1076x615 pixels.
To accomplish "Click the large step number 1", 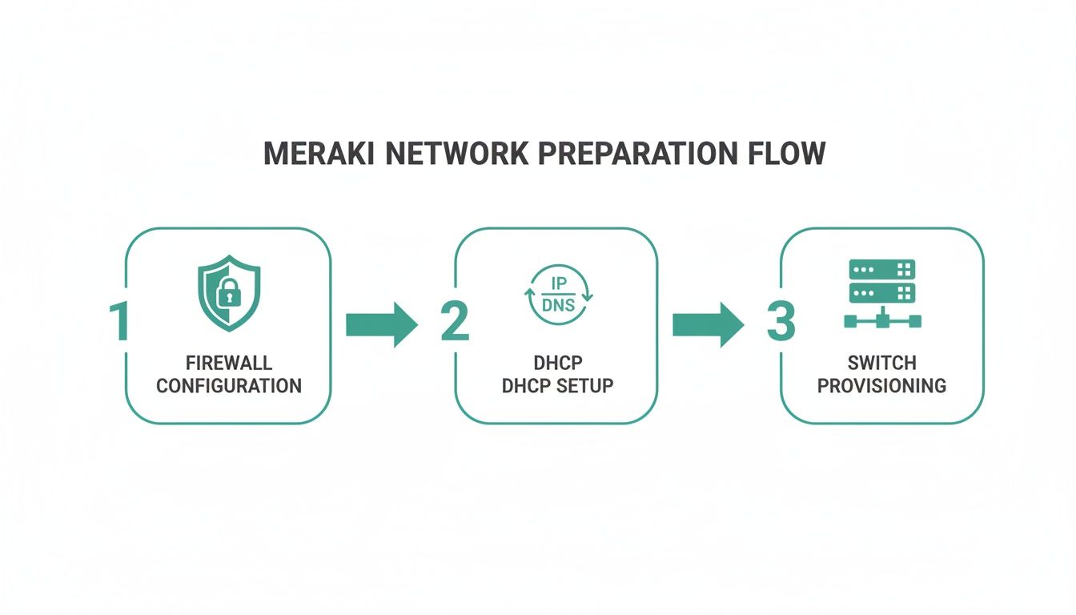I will coord(119,322).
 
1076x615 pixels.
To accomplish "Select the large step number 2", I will coord(454,322).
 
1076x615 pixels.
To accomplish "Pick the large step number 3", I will coord(781,322).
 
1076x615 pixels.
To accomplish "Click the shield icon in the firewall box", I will coord(228,293).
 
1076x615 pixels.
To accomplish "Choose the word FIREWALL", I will coord(228,364).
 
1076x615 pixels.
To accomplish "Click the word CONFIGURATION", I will coord(228,386).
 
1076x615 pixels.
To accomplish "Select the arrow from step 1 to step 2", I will coord(381,324).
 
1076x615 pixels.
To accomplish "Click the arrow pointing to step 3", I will coord(708,324).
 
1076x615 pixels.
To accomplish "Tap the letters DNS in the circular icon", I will coord(558,305).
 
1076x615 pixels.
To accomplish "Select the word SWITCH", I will coord(881,364).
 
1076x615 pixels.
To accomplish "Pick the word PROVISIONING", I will coord(881,386).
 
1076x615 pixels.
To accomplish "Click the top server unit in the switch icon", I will coord(881,269).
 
